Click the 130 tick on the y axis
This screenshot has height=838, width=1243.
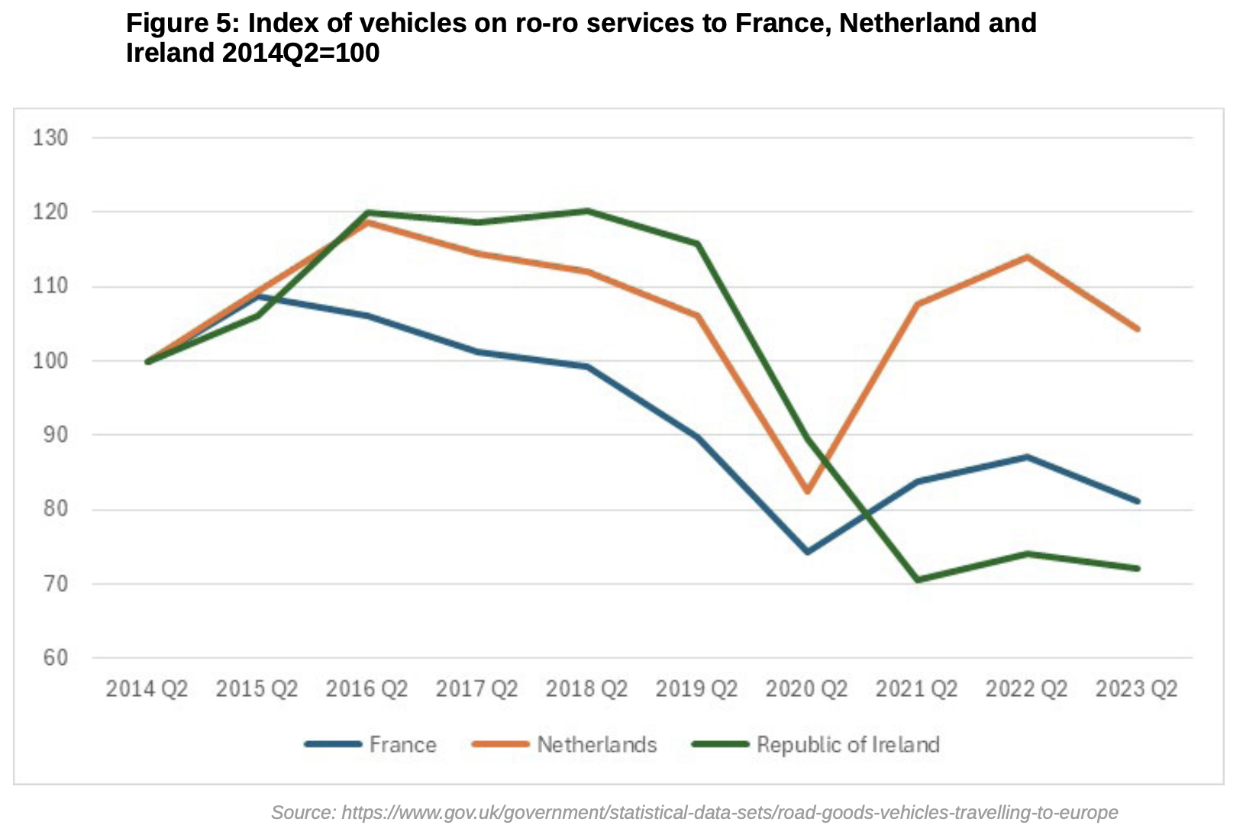pyautogui.click(x=50, y=138)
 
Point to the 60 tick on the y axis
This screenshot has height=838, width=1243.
pyautogui.click(x=50, y=658)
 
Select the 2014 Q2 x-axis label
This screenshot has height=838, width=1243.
pyautogui.click(x=147, y=689)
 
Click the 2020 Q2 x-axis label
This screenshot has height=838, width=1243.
pyautogui.click(x=806, y=689)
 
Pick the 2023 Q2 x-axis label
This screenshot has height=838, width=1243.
pyautogui.click(x=1136, y=689)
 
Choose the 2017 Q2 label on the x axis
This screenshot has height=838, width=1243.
pyautogui.click(x=476, y=689)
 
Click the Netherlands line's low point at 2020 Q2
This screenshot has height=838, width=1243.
pyautogui.click(x=807, y=492)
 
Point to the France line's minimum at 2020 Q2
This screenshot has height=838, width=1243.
pyautogui.click(x=807, y=551)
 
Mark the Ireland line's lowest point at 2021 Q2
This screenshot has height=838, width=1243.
pyautogui.click(x=917, y=580)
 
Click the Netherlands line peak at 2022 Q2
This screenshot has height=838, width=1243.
pyautogui.click(x=1028, y=256)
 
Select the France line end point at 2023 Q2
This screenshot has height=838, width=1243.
pyautogui.click(x=1138, y=501)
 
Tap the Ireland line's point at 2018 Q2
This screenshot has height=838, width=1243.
pyautogui.click(x=587, y=211)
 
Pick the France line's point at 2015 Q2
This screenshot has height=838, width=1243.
pyautogui.click(x=257, y=296)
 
